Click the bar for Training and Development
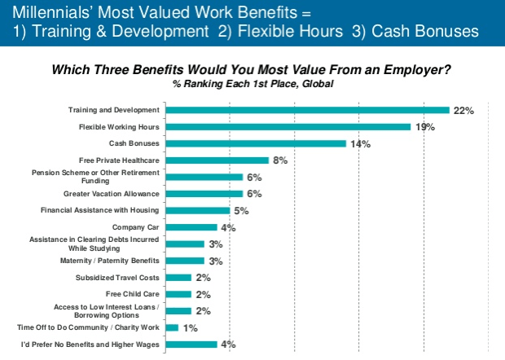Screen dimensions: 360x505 click(x=307, y=110)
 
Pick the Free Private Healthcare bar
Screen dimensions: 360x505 click(x=217, y=160)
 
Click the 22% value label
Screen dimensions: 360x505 click(x=463, y=110)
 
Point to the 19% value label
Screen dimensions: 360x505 click(x=424, y=126)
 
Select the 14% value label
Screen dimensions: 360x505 click(x=360, y=143)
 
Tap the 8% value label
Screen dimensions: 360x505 click(x=281, y=160)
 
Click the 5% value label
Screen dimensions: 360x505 click(x=242, y=210)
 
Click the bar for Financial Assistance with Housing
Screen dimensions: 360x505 click(x=197, y=210)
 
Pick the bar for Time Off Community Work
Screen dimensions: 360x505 click(x=172, y=327)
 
